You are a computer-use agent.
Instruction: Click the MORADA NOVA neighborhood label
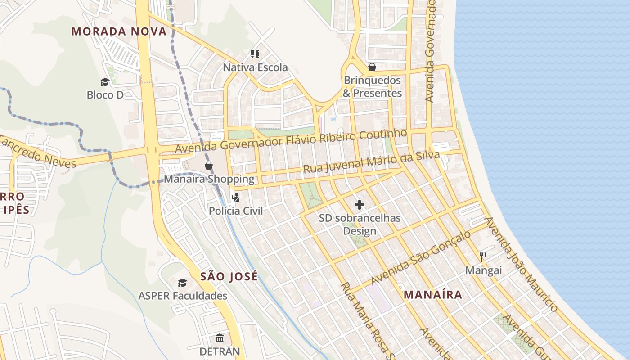tap(119, 31)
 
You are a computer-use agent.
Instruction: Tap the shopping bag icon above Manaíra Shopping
tap(209, 166)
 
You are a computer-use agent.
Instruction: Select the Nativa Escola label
tap(255, 67)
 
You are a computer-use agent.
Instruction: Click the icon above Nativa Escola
tap(255, 54)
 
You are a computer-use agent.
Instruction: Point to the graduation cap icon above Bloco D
tap(105, 82)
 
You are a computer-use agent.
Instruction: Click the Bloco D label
tap(105, 95)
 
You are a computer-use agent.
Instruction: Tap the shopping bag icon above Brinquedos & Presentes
tap(372, 67)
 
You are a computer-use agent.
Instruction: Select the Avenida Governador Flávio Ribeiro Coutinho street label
tap(291, 140)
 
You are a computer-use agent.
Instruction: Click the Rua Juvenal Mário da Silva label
tap(371, 162)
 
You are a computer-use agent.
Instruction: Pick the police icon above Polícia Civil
tap(235, 197)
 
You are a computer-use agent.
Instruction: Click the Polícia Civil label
tap(235, 211)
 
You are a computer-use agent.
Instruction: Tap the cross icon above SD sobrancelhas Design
tap(360, 205)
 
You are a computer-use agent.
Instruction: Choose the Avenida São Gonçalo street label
tap(421, 258)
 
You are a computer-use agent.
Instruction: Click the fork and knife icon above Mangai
tap(483, 257)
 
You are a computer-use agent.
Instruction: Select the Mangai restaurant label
tap(483, 270)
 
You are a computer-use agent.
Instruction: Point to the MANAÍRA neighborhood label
tap(432, 295)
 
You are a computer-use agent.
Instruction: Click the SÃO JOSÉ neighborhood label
tap(229, 276)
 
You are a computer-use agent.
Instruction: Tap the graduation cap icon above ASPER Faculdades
tap(182, 283)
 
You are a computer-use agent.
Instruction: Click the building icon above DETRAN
tap(220, 338)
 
